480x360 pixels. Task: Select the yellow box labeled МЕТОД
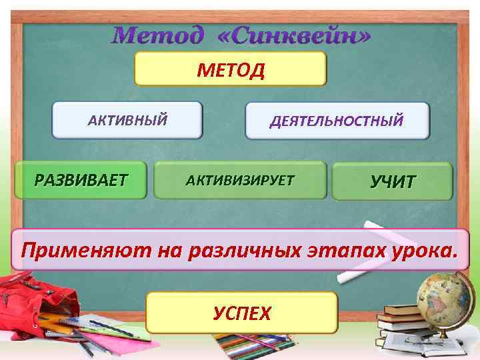pos(231,69)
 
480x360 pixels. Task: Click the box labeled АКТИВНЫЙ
pos(127,120)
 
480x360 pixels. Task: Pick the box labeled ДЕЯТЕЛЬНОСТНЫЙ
pos(337,121)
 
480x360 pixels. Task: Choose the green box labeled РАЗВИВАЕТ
pos(82,179)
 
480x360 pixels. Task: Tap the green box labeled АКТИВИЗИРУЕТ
pos(240,180)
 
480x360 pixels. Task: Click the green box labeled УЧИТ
pos(393,181)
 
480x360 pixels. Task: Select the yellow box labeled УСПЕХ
pos(242,312)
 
